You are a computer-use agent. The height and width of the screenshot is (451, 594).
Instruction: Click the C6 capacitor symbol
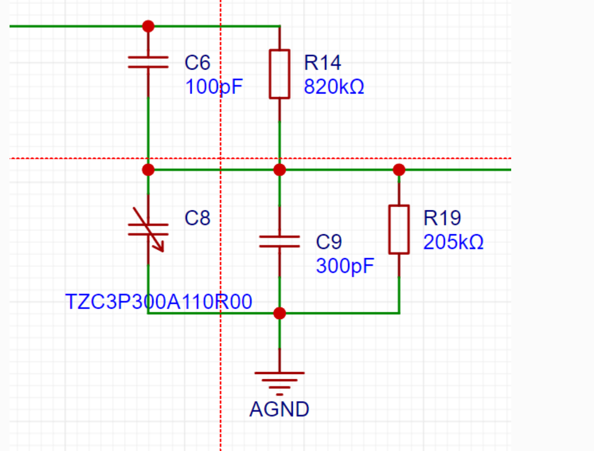pyautogui.click(x=148, y=62)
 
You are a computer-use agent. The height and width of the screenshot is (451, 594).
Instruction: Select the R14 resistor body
pyautogui.click(x=280, y=74)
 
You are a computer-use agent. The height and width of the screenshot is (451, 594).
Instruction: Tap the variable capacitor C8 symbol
pyautogui.click(x=148, y=229)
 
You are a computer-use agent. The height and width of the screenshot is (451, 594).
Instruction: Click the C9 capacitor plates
pyautogui.click(x=280, y=241)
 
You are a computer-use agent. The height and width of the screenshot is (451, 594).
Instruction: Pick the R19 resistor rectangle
pyautogui.click(x=399, y=229)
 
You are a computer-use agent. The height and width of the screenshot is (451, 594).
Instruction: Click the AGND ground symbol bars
pyautogui.click(x=280, y=384)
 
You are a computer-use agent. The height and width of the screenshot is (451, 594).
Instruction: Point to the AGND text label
pyautogui.click(x=280, y=410)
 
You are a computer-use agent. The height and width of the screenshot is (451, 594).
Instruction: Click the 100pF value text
pyautogui.click(x=213, y=87)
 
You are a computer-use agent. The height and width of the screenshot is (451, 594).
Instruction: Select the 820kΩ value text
pyautogui.click(x=334, y=87)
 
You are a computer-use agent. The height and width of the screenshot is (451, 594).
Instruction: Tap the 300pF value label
pyautogui.click(x=345, y=266)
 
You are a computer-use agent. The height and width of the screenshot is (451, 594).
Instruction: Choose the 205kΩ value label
pyautogui.click(x=453, y=242)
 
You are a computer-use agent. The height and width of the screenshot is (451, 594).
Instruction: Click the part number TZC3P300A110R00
pyautogui.click(x=159, y=302)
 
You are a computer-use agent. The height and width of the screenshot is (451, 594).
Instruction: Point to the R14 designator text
pyautogui.click(x=322, y=63)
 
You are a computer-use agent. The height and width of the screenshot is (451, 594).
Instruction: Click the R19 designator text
pyautogui.click(x=442, y=218)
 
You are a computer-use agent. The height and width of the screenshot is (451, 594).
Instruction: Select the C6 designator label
pyautogui.click(x=197, y=63)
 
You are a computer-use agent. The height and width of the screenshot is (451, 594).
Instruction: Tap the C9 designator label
pyautogui.click(x=329, y=242)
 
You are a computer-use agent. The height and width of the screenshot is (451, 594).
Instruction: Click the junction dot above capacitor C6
pyautogui.click(x=148, y=26)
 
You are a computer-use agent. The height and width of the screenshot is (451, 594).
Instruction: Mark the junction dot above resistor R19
pyautogui.click(x=399, y=170)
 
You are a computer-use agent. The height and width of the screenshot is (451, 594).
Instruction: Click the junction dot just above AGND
pyautogui.click(x=280, y=313)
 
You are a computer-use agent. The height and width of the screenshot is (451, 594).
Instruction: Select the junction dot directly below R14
pyautogui.click(x=280, y=170)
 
